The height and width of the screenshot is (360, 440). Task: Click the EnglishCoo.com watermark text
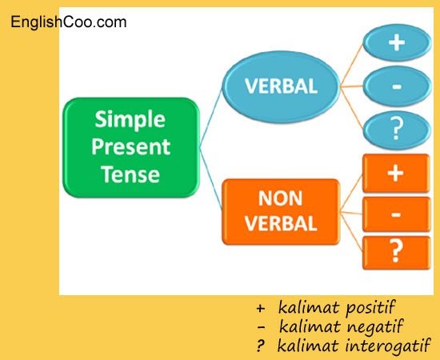[69, 22]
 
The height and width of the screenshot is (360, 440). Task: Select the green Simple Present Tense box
[131, 147]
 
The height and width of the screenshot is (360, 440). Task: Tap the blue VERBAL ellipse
[281, 86]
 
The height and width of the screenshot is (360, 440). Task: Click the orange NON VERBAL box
[281, 211]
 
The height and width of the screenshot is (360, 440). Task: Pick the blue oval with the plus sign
[397, 42]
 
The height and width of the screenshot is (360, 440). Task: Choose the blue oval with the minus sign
[397, 86]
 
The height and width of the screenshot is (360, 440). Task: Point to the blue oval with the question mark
[397, 130]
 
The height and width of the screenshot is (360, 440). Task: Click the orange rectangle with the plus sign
[396, 173]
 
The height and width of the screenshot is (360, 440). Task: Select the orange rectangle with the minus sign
[396, 214]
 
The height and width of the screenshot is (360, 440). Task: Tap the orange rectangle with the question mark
[396, 253]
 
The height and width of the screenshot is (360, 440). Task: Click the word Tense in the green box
[130, 174]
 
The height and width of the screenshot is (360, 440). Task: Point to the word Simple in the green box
[130, 120]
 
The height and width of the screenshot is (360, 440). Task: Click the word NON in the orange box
[280, 198]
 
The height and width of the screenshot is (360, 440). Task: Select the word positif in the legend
[370, 307]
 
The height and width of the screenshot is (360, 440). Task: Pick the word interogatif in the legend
[388, 345]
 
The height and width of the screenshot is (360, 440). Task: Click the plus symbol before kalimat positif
[261, 308]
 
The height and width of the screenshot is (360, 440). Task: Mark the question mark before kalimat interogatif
[260, 346]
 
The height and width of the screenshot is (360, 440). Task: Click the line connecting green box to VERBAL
[210, 118]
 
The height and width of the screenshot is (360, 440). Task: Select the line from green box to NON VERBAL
[210, 178]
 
